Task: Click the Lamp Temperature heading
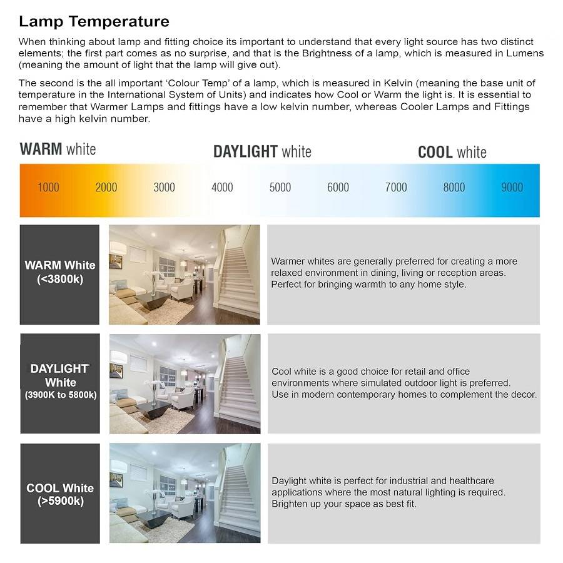click(94, 21)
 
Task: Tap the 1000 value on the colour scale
click(48, 187)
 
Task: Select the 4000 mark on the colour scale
click(222, 187)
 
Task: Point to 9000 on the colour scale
click(512, 187)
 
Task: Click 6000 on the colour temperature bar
click(338, 187)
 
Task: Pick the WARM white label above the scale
click(58, 149)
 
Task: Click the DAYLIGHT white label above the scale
click(262, 151)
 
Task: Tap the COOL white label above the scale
click(452, 152)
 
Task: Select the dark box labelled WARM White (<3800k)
click(59, 274)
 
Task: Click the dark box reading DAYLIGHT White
click(60, 383)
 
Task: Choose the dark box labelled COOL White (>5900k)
click(60, 494)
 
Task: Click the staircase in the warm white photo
click(239, 275)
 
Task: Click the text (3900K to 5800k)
click(61, 395)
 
